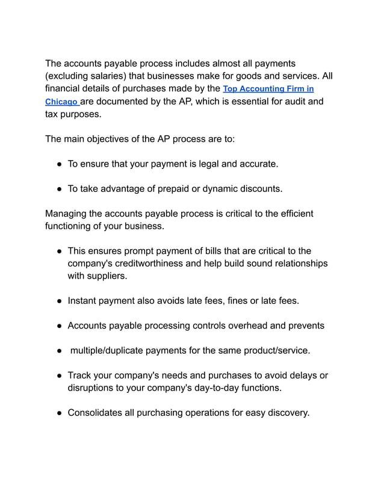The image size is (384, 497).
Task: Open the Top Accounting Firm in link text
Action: pos(268,89)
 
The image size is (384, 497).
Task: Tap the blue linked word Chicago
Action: pos(61,102)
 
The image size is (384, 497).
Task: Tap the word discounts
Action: pos(259,188)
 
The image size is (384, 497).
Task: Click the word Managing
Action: pos(67,214)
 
